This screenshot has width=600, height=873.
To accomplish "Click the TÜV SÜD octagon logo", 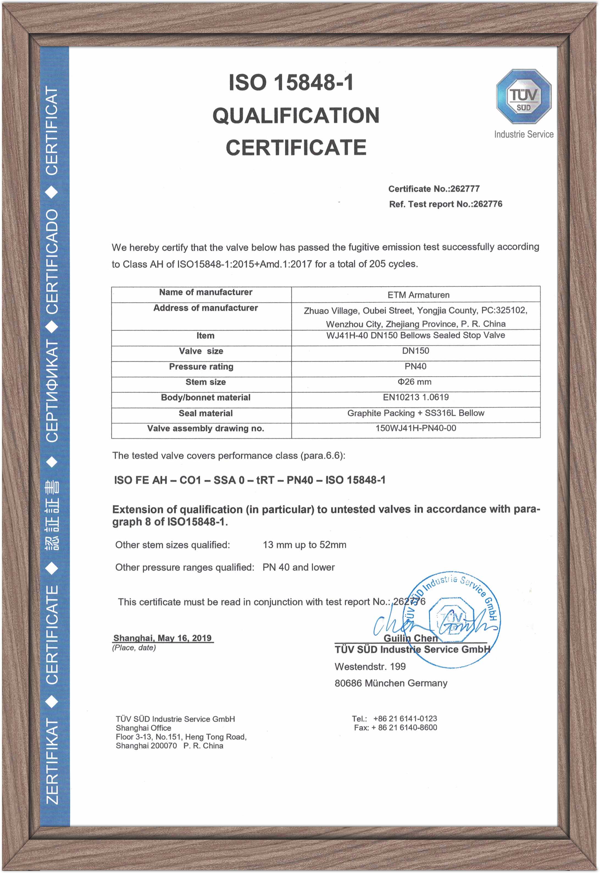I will coord(523,97).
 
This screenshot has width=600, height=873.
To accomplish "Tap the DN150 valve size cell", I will coord(415,351).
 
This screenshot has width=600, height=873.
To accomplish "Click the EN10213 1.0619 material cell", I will coord(415,397).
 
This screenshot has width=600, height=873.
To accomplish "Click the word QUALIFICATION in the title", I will coord(296,115).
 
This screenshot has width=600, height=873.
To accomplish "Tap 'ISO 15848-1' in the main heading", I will coord(291,83).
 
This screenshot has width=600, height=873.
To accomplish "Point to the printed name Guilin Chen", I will coord(410,638).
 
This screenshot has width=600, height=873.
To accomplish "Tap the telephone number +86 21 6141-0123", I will coord(405,719).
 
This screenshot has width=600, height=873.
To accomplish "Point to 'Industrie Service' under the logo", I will coord(523,134).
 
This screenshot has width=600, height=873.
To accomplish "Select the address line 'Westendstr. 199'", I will coord(370,667).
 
